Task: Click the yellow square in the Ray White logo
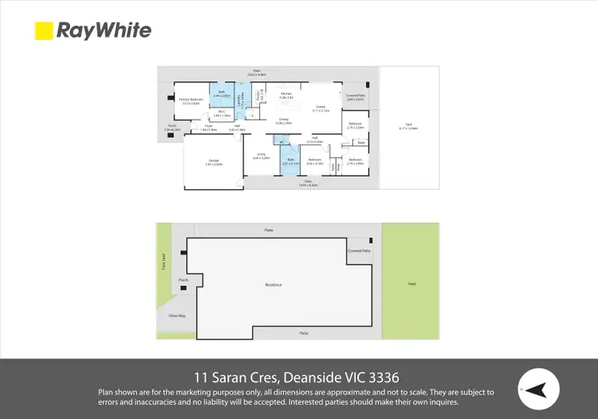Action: (43, 30)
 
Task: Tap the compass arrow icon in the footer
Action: (537, 389)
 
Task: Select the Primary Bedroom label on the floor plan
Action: (191, 101)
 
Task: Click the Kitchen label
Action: (285, 95)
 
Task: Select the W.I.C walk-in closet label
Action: (222, 113)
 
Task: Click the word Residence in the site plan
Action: (273, 285)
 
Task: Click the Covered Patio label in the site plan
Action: (359, 251)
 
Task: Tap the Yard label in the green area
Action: (411, 284)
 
